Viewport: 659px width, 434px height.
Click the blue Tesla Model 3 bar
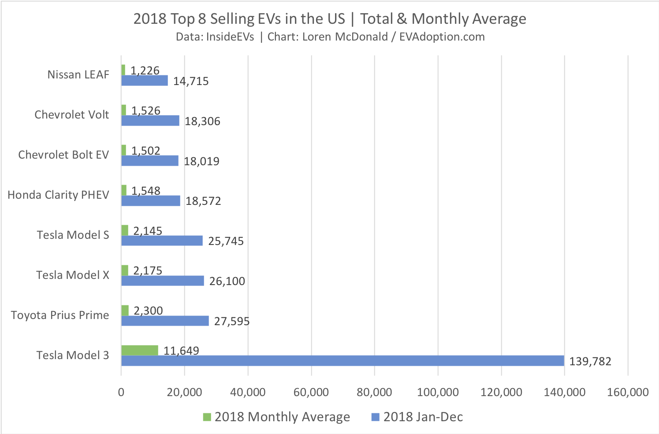343,361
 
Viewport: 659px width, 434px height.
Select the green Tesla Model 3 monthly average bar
140,350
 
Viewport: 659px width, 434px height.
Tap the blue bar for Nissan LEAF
145,81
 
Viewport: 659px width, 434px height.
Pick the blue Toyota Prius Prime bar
165,321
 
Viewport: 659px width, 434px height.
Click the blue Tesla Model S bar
162,241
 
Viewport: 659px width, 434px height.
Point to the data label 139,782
590,362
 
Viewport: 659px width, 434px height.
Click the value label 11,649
181,351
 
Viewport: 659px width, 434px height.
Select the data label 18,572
203,201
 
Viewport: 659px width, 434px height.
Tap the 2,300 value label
148,311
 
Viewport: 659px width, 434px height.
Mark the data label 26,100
227,281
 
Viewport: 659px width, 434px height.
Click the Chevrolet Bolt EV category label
63,155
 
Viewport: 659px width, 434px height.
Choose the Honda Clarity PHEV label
58,195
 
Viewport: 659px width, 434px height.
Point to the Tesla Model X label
73,275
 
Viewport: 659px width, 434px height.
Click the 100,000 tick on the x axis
438,392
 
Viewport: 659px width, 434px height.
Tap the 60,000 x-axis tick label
311,392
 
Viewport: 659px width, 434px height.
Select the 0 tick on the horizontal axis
121,392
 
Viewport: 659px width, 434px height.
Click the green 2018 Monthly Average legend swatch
207,417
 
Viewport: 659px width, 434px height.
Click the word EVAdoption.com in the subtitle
442,37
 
